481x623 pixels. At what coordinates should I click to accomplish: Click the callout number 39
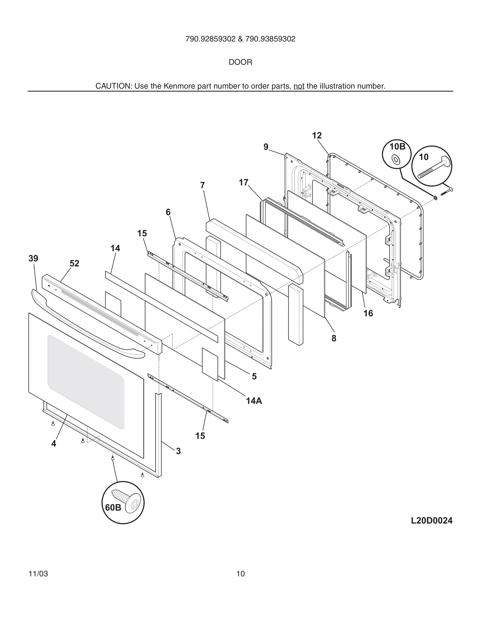point(33,259)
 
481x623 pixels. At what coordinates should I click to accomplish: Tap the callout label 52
point(74,263)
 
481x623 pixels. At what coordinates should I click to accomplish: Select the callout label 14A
point(254,401)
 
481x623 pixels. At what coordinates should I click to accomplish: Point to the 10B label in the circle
point(397,147)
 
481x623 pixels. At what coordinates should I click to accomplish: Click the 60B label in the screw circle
point(113,507)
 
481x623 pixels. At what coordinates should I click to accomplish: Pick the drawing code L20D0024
point(431,520)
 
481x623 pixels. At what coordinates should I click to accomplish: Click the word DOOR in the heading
point(240,62)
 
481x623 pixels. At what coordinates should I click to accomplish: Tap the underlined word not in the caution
point(299,86)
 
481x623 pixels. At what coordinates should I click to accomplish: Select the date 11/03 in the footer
point(38,574)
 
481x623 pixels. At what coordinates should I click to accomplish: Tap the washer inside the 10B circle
point(396,159)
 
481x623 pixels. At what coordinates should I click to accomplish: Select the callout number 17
point(244,182)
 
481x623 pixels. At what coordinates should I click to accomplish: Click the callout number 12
point(317,136)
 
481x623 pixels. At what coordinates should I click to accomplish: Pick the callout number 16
point(368,314)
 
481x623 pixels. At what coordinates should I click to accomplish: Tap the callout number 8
point(334,338)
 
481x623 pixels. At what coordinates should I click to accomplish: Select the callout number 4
point(53,444)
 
